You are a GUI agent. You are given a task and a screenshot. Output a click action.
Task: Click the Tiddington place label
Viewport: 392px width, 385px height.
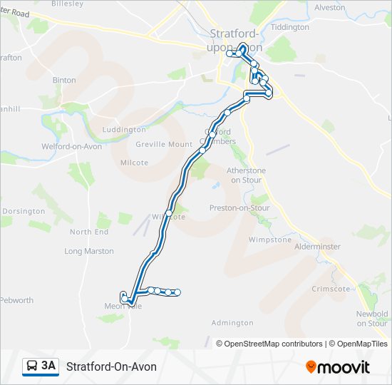point(289,27)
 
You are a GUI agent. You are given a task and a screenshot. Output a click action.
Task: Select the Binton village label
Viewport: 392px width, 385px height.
point(64,81)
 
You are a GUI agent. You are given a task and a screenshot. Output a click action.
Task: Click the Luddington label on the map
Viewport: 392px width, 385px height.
point(124,130)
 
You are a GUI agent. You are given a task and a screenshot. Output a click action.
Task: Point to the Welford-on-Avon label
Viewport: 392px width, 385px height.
point(71,147)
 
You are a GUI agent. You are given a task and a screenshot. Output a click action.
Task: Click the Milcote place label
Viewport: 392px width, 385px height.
point(134,163)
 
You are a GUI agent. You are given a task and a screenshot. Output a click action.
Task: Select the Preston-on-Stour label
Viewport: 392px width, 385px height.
point(239,208)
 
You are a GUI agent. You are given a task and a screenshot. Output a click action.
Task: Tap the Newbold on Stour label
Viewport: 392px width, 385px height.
point(372,319)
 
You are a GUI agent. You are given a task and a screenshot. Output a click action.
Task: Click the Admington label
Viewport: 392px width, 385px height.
point(232,323)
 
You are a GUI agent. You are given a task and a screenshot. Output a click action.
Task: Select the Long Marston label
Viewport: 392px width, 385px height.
point(89,251)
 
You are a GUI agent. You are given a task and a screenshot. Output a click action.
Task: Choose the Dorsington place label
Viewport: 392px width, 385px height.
point(24,211)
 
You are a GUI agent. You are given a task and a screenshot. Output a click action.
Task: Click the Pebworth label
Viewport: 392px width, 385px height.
point(17,300)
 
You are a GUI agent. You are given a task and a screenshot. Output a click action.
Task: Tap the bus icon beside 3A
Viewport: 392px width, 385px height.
point(32,366)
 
